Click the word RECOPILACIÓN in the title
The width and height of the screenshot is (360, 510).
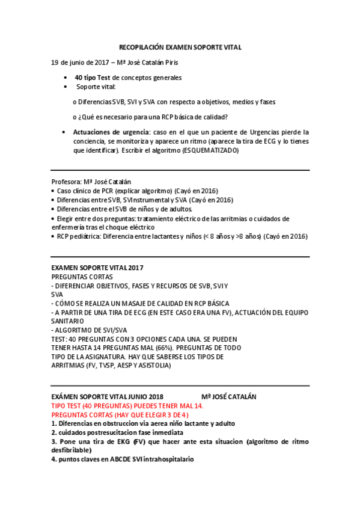coord(141,47)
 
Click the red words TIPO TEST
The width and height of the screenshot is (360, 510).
coord(69,406)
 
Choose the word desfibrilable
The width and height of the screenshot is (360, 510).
coord(71,450)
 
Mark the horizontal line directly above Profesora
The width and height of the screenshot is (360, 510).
coord(180,170)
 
